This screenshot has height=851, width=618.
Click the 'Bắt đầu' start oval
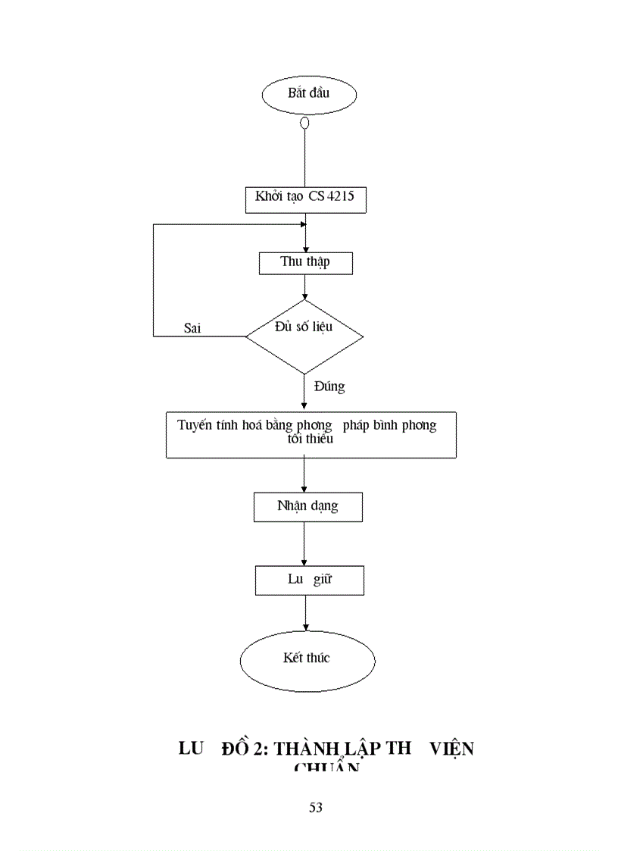(x=308, y=95)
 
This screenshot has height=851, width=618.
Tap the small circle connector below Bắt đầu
(x=304, y=123)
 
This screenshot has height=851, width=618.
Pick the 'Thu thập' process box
(x=305, y=262)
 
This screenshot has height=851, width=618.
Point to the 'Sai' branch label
(x=192, y=328)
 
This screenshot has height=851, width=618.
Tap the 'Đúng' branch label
(x=329, y=386)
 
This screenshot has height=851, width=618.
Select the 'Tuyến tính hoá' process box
(x=311, y=435)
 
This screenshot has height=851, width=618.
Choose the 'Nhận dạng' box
(x=307, y=507)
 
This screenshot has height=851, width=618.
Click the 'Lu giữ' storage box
(x=309, y=580)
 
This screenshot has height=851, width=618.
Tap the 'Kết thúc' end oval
(x=307, y=658)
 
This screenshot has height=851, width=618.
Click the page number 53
(x=316, y=808)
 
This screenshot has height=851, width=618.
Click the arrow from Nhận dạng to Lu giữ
(x=304, y=543)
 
